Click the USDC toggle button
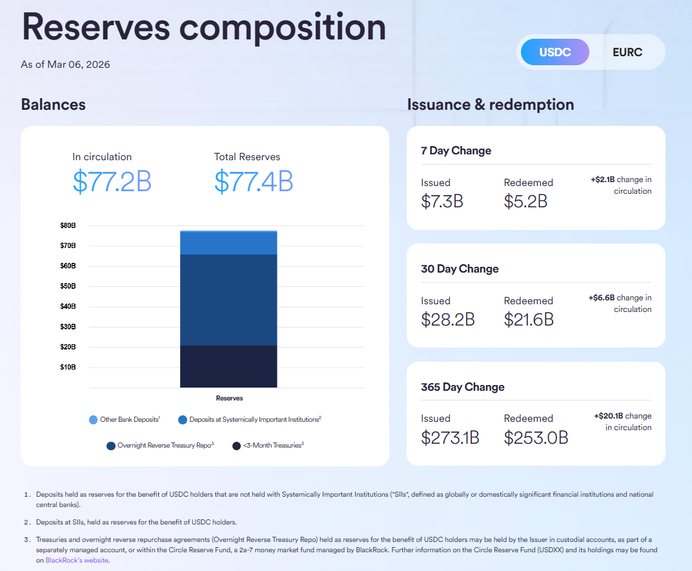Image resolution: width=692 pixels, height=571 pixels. (555, 52)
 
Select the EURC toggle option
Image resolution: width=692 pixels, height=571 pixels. (627, 52)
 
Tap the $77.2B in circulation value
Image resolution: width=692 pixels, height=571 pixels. (112, 182)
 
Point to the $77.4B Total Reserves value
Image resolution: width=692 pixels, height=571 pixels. (254, 182)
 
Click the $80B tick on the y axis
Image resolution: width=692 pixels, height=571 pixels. (68, 225)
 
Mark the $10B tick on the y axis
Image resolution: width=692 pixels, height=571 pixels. (68, 367)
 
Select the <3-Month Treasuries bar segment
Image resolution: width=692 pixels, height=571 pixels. (229, 366)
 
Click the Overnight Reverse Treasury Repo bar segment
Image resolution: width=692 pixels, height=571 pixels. (229, 300)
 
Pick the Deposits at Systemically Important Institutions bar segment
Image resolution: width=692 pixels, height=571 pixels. (229, 243)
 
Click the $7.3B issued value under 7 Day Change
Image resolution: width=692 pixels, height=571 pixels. (442, 202)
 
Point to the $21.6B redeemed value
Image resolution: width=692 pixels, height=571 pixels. (529, 319)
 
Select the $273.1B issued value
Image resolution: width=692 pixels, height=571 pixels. (450, 437)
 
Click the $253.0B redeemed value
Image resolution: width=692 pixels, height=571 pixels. (536, 437)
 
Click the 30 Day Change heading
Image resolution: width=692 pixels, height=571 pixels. (460, 269)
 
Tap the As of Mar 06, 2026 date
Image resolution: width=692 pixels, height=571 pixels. (65, 64)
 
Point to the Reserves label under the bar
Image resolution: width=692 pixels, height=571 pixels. (229, 399)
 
